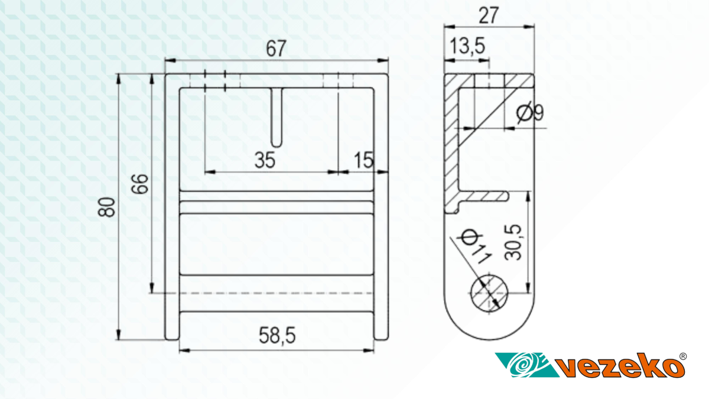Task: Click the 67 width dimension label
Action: click(x=276, y=48)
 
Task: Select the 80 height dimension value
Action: click(x=106, y=207)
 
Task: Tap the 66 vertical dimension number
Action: click(x=139, y=184)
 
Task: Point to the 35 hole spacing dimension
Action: click(x=265, y=160)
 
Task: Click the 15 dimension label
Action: click(x=364, y=160)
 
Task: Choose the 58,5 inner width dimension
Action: click(x=277, y=336)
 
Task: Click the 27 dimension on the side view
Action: click(x=489, y=15)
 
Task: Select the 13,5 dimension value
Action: click(x=467, y=46)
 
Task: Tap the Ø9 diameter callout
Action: click(x=530, y=112)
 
